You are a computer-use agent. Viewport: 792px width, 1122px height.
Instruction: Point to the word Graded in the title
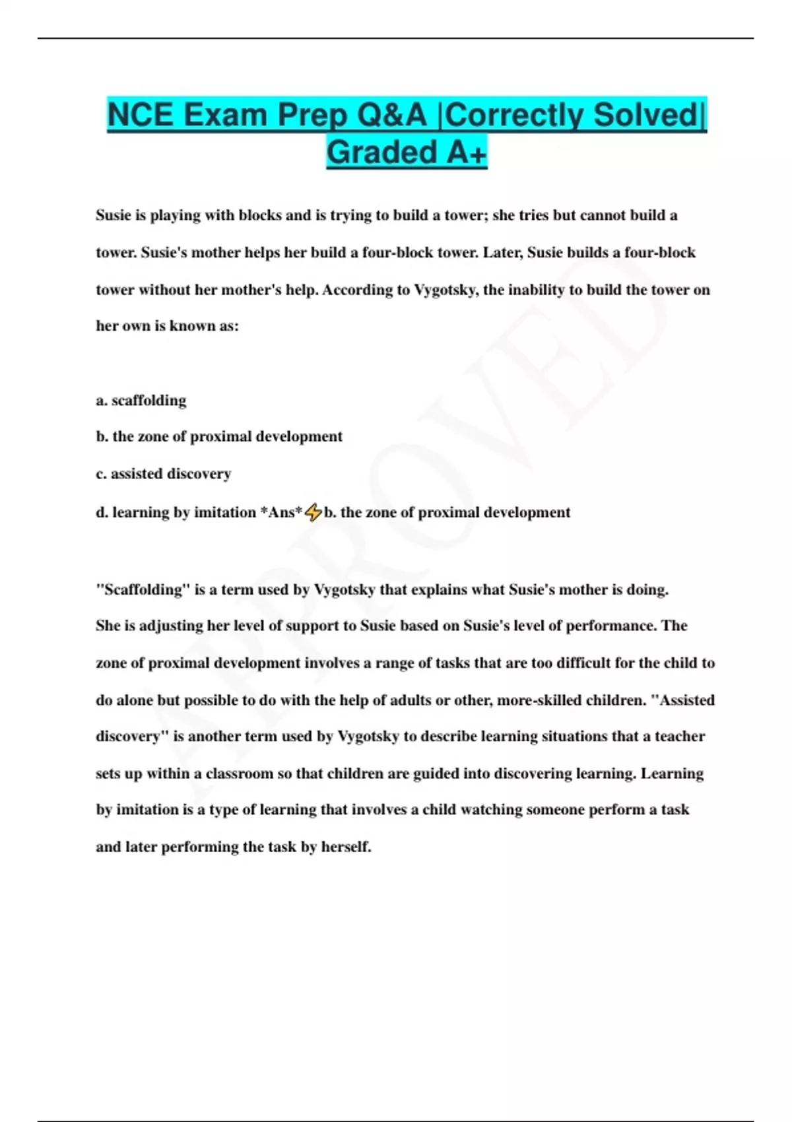[x=382, y=153]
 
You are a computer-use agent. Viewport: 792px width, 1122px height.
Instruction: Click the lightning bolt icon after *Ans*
[x=313, y=512]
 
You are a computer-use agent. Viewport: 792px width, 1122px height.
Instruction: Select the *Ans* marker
[x=282, y=512]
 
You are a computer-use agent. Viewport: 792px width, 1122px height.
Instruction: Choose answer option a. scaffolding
[x=141, y=400]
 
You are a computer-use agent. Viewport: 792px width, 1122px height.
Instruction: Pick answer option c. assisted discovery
[x=164, y=473]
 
